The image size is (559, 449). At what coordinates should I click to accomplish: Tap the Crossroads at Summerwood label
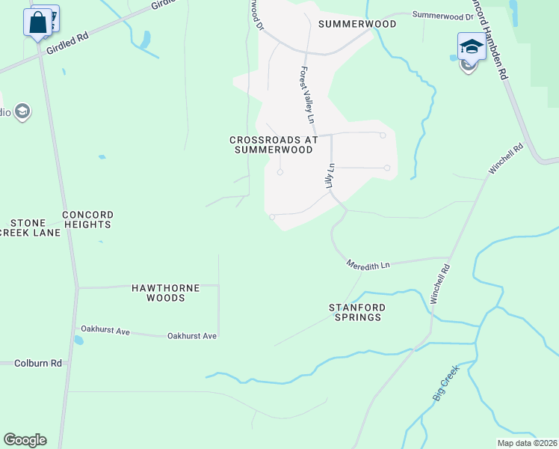tap(274, 144)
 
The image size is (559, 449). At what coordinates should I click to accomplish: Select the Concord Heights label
tap(87, 219)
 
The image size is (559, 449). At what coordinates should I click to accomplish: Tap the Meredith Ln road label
tap(368, 265)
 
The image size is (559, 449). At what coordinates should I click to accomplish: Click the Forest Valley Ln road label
tap(307, 96)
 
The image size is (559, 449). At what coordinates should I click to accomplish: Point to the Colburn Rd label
tap(37, 364)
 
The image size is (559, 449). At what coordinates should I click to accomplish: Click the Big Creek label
tap(443, 388)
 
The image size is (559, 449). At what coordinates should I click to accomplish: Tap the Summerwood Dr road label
tap(443, 15)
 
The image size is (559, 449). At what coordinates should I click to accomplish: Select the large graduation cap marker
tap(472, 46)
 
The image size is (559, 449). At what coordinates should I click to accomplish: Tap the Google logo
tap(25, 440)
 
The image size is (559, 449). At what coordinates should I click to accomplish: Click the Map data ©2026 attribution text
tap(528, 442)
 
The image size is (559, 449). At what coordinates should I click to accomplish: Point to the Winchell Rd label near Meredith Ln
tap(440, 284)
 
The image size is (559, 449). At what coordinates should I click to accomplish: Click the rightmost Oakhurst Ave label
tap(192, 336)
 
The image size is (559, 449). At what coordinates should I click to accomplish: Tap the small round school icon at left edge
tap(21, 112)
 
